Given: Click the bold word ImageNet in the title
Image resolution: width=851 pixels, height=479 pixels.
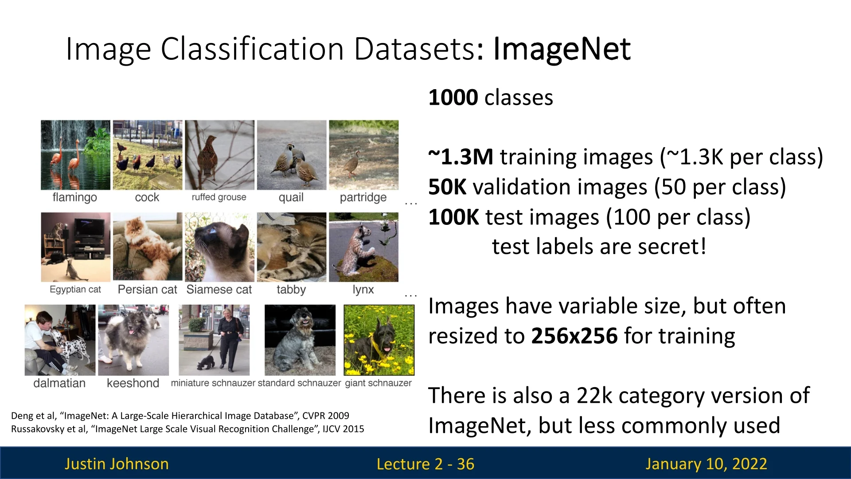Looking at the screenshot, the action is (x=562, y=49).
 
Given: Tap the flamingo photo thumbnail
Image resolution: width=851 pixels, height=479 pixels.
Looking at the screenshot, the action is (x=75, y=155).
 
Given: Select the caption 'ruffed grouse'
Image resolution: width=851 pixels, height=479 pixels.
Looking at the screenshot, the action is (x=219, y=197).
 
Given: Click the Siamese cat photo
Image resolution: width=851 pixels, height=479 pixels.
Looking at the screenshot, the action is (x=219, y=247).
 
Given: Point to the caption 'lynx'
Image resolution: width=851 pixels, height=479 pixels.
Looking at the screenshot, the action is (x=363, y=290).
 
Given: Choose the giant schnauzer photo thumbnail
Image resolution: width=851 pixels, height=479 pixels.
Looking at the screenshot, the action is (x=379, y=340).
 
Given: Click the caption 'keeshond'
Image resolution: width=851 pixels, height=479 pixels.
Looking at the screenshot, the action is (x=133, y=383).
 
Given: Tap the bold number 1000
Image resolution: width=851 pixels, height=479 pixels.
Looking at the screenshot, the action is (x=453, y=98).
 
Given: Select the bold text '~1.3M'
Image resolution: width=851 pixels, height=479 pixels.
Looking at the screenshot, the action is (x=461, y=157).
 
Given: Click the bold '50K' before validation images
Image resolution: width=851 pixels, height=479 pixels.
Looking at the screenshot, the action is (x=447, y=187).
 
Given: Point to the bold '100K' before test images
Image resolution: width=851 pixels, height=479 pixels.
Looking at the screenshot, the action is (x=453, y=217).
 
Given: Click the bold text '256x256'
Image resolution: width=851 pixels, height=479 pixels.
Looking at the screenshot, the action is (x=574, y=336).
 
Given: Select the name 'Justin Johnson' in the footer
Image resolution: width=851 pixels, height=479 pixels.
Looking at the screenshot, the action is (x=117, y=464).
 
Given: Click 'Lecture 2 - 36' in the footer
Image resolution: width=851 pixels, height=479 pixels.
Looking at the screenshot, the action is (x=425, y=464).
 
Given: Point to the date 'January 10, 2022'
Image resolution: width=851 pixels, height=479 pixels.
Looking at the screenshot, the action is (x=706, y=464).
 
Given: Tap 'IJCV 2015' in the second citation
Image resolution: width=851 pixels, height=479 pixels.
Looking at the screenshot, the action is (x=344, y=429).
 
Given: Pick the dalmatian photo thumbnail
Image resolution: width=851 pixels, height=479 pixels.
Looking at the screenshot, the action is (x=60, y=340).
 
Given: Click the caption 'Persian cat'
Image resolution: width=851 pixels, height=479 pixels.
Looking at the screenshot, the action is (x=147, y=290).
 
